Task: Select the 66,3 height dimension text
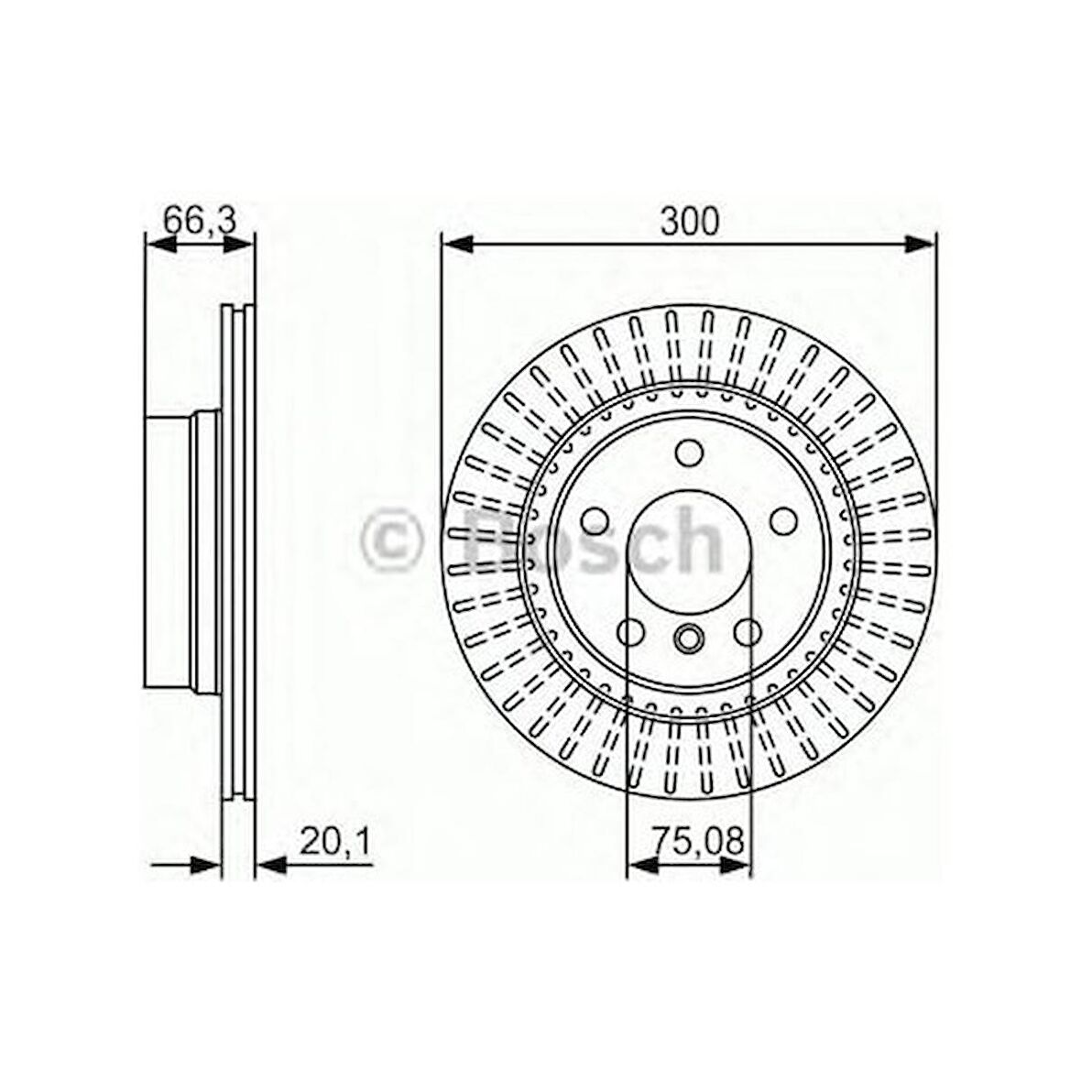click(x=197, y=220)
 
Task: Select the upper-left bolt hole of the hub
click(x=595, y=520)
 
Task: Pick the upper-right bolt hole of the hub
click(x=783, y=520)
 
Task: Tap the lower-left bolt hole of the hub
click(x=631, y=631)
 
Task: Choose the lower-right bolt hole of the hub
click(x=748, y=631)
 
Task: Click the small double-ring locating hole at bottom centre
click(x=688, y=636)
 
